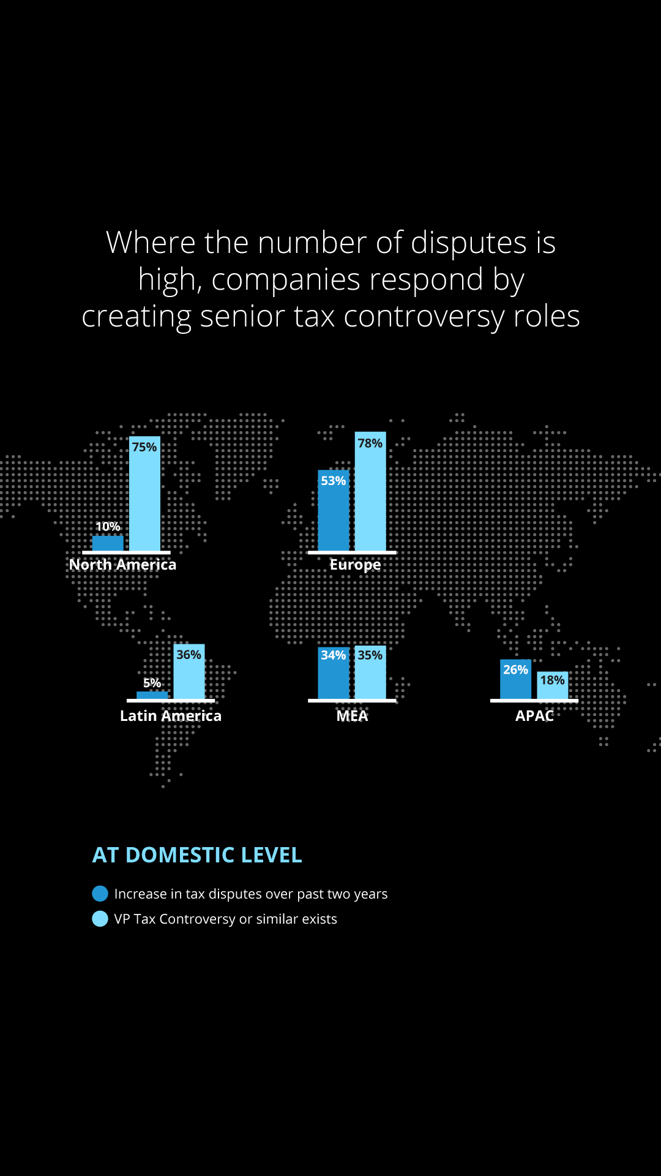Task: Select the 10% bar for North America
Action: coord(108,543)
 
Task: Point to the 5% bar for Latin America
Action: coord(152,695)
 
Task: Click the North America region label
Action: coord(122,565)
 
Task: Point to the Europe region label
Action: coord(355,565)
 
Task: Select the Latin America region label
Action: coord(171,716)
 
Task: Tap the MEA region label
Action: coord(352,716)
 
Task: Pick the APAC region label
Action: coord(534,716)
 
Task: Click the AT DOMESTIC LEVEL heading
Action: coord(197,855)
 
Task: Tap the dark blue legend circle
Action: coord(100,894)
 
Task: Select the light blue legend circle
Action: coord(100,919)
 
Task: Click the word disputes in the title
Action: coord(469,243)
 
